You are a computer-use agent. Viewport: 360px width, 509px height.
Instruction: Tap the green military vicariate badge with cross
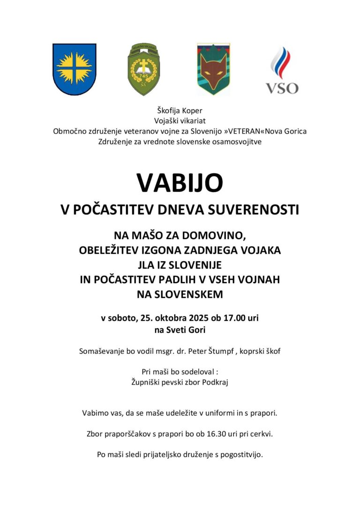coord(143,69)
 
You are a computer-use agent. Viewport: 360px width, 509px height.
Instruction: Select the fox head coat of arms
coord(213,69)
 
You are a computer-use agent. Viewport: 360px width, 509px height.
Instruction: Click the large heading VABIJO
coord(180,182)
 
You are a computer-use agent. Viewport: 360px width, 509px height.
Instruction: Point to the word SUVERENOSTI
coord(256,210)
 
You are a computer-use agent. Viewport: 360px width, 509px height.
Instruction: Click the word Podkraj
coord(214,382)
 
